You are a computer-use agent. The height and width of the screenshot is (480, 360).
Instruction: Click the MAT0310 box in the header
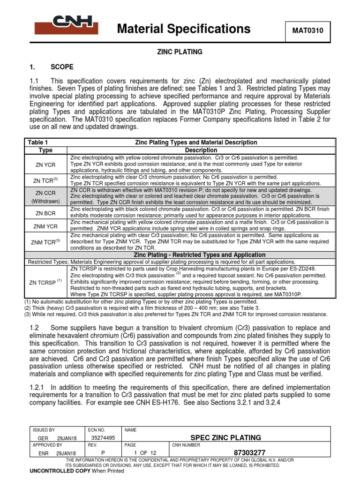[x=308, y=31]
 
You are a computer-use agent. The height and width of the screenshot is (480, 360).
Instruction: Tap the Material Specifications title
[x=183, y=30]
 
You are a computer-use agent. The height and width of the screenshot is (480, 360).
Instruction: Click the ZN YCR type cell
[x=45, y=165]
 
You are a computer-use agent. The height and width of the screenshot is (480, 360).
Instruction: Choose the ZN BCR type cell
[x=45, y=213]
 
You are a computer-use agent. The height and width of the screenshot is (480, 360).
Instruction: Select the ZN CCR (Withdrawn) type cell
[x=45, y=196]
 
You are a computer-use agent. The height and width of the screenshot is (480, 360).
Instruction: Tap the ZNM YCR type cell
[x=45, y=226]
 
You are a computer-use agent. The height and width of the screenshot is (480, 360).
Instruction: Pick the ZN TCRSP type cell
[x=45, y=282]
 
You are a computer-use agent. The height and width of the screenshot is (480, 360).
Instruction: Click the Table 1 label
[x=38, y=142]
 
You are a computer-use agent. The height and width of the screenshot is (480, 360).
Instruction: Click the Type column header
[x=45, y=150]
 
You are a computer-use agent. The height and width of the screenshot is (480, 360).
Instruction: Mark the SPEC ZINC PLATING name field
[x=225, y=438]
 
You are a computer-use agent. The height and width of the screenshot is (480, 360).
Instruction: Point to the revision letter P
[x=103, y=453]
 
